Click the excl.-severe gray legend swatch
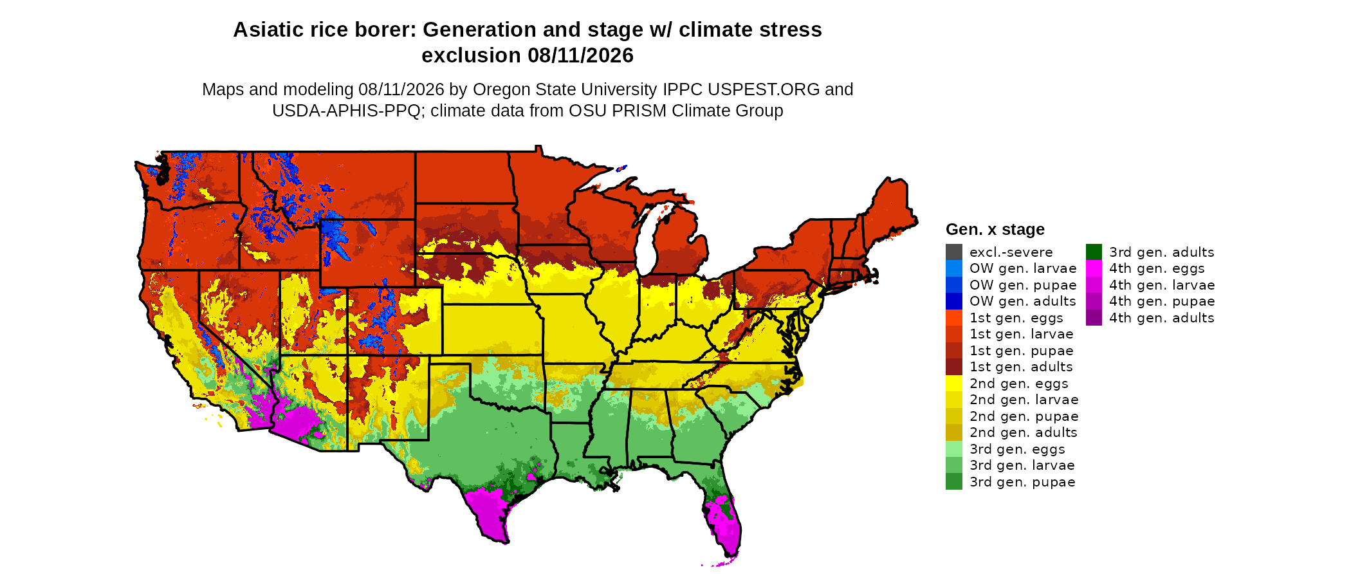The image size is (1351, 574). pos(954,252)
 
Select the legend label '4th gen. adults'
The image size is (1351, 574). pos(1162,318)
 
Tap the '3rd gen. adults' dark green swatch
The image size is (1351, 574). pos(1094,252)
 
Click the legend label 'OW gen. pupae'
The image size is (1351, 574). pos(1023,285)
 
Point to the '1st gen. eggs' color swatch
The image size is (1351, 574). pos(954,318)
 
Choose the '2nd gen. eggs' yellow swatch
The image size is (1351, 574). pos(954,384)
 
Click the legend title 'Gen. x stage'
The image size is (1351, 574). pos(995,229)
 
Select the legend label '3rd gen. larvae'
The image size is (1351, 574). pos(1022,465)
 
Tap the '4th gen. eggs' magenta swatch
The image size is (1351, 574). pos(1094,268)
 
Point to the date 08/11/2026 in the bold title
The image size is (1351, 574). pos(580,55)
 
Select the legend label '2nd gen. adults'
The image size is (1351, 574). pos(1023,432)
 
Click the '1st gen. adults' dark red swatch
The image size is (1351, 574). pos(954,367)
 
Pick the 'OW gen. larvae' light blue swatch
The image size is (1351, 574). pos(954,268)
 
